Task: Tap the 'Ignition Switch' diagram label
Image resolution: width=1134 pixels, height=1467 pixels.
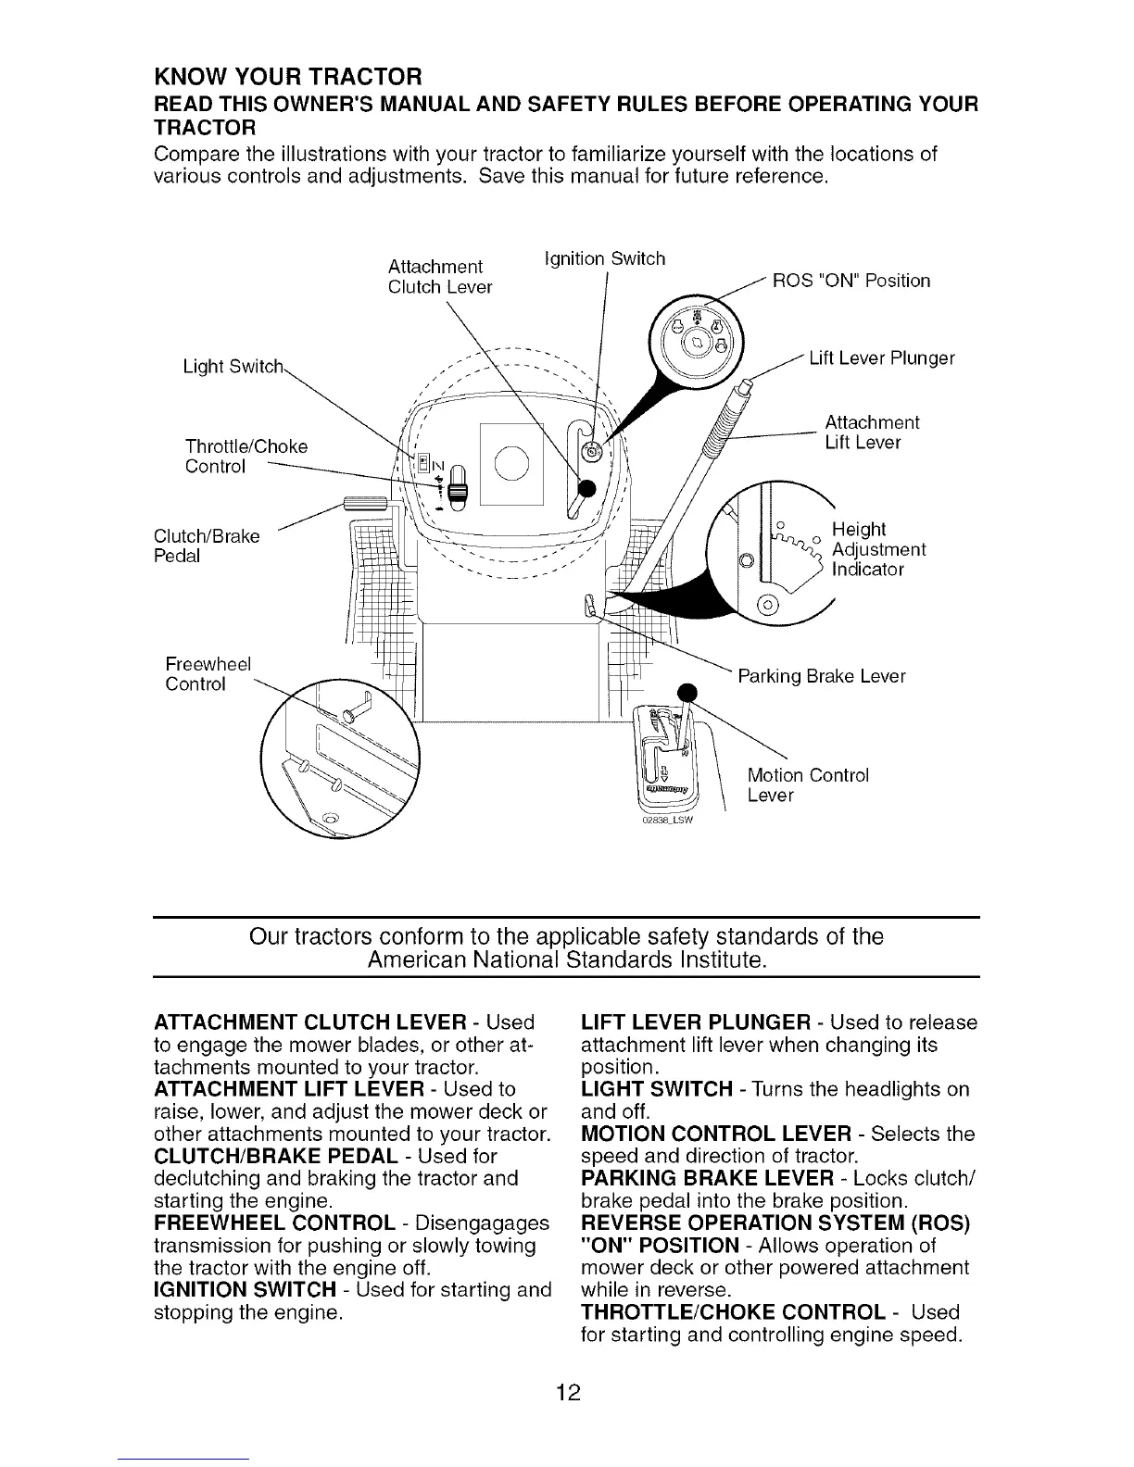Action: coord(604,258)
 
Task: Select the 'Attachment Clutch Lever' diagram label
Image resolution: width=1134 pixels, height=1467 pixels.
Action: coord(439,277)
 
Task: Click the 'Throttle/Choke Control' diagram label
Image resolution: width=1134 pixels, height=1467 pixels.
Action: coord(246,457)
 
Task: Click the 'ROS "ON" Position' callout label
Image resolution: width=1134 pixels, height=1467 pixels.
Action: coord(850,281)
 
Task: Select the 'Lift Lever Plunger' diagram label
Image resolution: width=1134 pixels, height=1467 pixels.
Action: coord(881,358)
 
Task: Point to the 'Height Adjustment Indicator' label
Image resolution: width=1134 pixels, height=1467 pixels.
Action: coord(877,549)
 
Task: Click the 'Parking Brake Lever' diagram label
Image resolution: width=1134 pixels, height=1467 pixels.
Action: coord(821,676)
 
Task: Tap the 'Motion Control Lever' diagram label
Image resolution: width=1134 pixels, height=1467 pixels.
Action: coord(807,785)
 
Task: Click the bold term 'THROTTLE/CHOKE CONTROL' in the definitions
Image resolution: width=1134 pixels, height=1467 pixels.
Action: coord(732,1312)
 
